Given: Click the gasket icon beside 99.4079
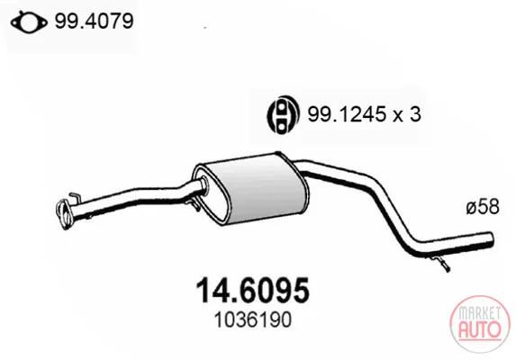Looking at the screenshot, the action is tap(29, 22).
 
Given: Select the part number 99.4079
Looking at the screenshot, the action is tap(95, 22).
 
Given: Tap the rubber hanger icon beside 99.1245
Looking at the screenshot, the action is tap(283, 114).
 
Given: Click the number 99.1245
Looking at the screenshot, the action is tap(347, 114).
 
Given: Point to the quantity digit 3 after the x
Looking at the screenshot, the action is tap(415, 114).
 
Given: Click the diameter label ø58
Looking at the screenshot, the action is tap(483, 207).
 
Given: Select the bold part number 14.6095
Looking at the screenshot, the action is tap(253, 291).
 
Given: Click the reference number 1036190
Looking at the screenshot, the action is tap(253, 319).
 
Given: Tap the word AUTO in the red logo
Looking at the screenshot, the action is tap(480, 329).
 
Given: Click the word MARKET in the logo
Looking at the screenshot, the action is tap(480, 312).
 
